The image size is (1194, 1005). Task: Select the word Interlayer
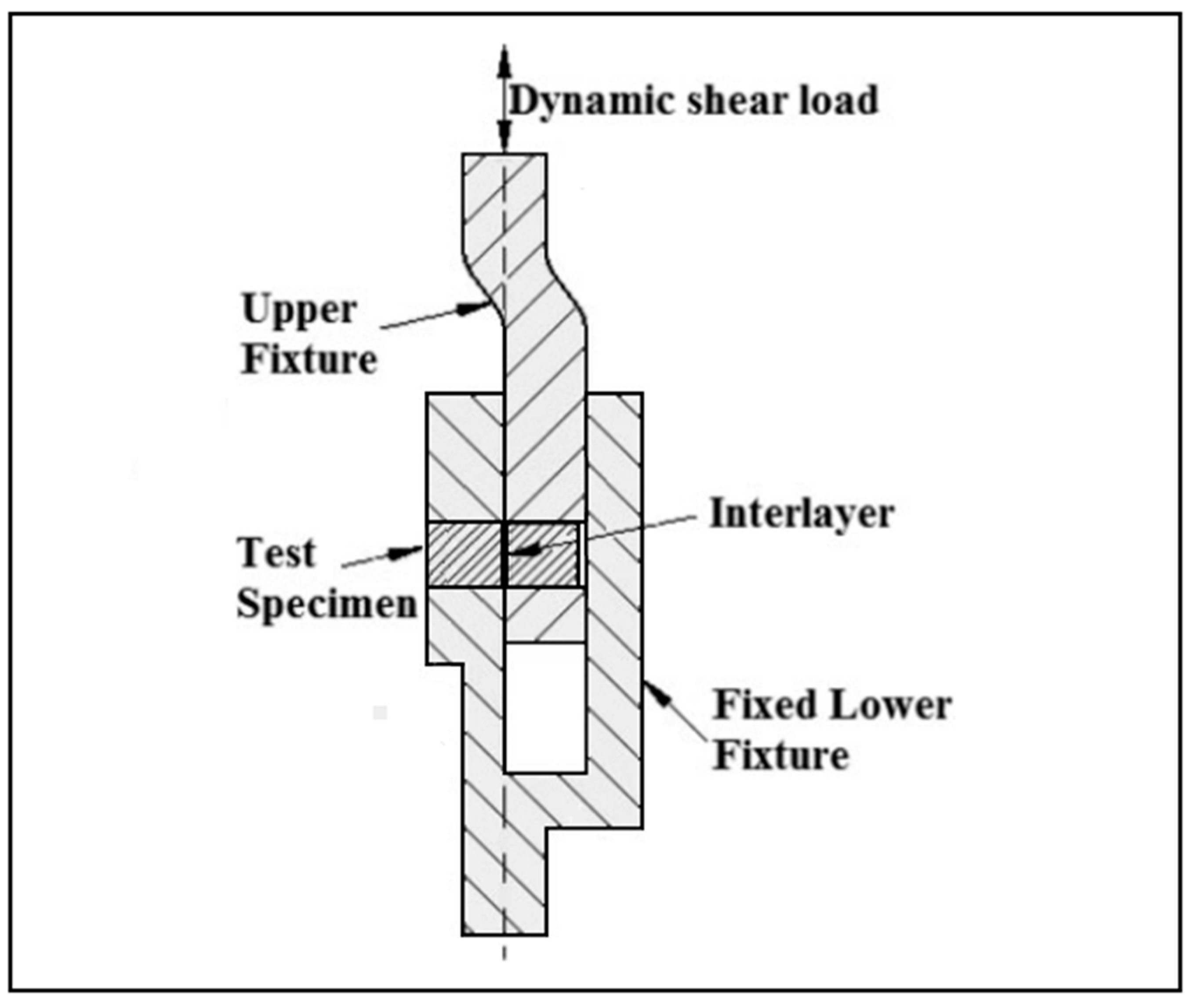tap(801, 514)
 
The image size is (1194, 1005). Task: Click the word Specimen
tap(327, 604)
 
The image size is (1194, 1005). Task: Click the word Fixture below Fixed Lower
tap(781, 756)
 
